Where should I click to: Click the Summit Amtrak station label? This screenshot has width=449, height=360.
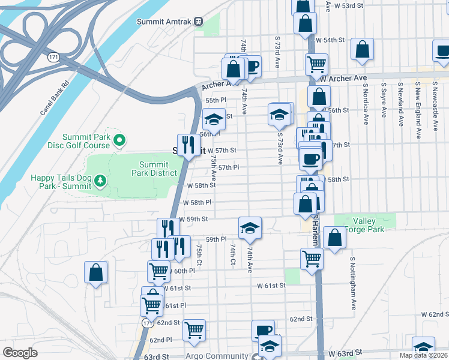click(x=163, y=22)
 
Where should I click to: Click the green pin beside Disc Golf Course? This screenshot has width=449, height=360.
click(x=119, y=141)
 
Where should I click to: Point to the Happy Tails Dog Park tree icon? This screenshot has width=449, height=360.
click(x=100, y=181)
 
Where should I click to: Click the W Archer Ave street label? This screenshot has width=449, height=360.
click(x=343, y=79)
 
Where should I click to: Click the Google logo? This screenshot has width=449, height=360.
click(x=20, y=352)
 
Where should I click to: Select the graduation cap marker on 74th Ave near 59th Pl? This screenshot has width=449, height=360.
click(x=250, y=227)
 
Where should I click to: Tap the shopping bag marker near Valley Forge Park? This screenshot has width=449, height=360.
click(x=334, y=238)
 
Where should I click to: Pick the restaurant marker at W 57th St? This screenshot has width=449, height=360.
click(x=188, y=144)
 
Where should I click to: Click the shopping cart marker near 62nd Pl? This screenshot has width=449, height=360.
click(x=193, y=329)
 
